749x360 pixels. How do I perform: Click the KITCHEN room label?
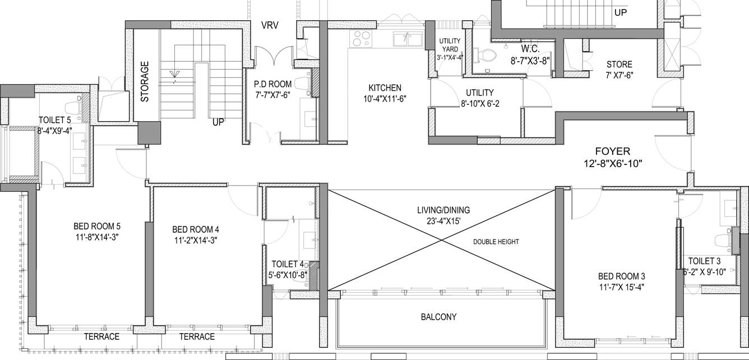click(x=385, y=88)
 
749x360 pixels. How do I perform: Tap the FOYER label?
click(x=613, y=151)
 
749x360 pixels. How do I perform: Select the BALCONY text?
click(x=438, y=317)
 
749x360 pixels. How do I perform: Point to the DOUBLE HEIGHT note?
click(x=496, y=242)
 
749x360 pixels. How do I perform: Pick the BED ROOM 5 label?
click(x=97, y=227)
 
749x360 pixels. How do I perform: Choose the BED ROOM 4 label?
click(x=195, y=229)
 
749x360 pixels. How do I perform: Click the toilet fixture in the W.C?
click(x=485, y=56)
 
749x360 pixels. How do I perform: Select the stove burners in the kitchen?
click(x=360, y=39)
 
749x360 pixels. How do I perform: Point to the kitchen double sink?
click(x=408, y=39)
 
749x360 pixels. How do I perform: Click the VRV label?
click(x=270, y=25)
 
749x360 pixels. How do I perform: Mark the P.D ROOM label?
click(x=272, y=84)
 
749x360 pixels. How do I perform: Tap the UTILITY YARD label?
click(x=449, y=45)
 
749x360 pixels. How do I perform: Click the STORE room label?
click(x=618, y=64)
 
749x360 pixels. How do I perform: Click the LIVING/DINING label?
click(x=443, y=210)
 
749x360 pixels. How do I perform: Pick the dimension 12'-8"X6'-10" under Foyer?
click(x=612, y=164)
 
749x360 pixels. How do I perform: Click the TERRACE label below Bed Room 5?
click(x=101, y=337)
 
